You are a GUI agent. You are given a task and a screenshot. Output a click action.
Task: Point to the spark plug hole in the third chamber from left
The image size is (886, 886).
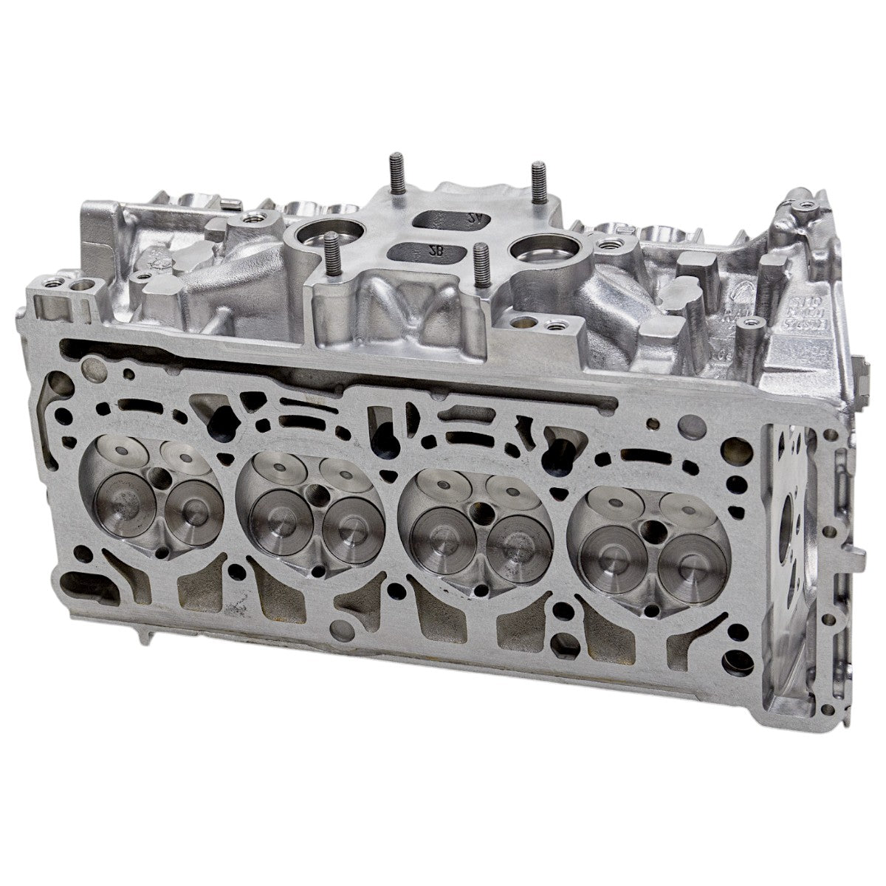pos(482,510)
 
